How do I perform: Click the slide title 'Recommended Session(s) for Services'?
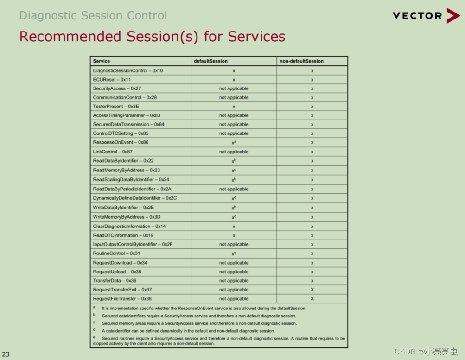pyautogui.click(x=152, y=36)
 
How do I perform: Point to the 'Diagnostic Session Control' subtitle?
pyautogui.click(x=93, y=16)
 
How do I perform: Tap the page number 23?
pyautogui.click(x=6, y=354)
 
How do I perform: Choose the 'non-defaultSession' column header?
pyautogui.click(x=301, y=61)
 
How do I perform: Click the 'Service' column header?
pyautogui.click(x=102, y=61)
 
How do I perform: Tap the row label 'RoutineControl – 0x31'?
pyautogui.click(x=116, y=253)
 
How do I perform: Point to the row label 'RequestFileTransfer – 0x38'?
pyautogui.click(x=122, y=299)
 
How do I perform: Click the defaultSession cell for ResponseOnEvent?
pyautogui.click(x=234, y=143)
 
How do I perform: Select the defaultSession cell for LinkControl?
pyautogui.click(x=234, y=152)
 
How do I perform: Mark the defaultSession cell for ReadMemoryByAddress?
pyautogui.click(x=234, y=171)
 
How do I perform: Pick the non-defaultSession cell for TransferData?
pyautogui.click(x=312, y=281)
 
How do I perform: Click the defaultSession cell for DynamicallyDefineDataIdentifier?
pyautogui.click(x=234, y=198)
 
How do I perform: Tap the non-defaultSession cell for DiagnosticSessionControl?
pyautogui.click(x=312, y=71)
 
